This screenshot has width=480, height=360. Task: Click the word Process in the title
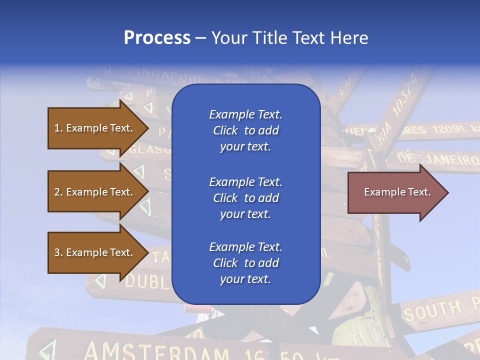(157, 38)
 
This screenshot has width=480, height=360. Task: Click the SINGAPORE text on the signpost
(165, 75)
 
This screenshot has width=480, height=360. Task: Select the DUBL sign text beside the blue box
(147, 282)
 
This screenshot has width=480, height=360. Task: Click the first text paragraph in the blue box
(245, 130)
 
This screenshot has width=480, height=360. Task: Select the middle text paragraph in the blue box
(245, 198)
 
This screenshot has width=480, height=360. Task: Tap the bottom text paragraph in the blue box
(245, 263)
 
